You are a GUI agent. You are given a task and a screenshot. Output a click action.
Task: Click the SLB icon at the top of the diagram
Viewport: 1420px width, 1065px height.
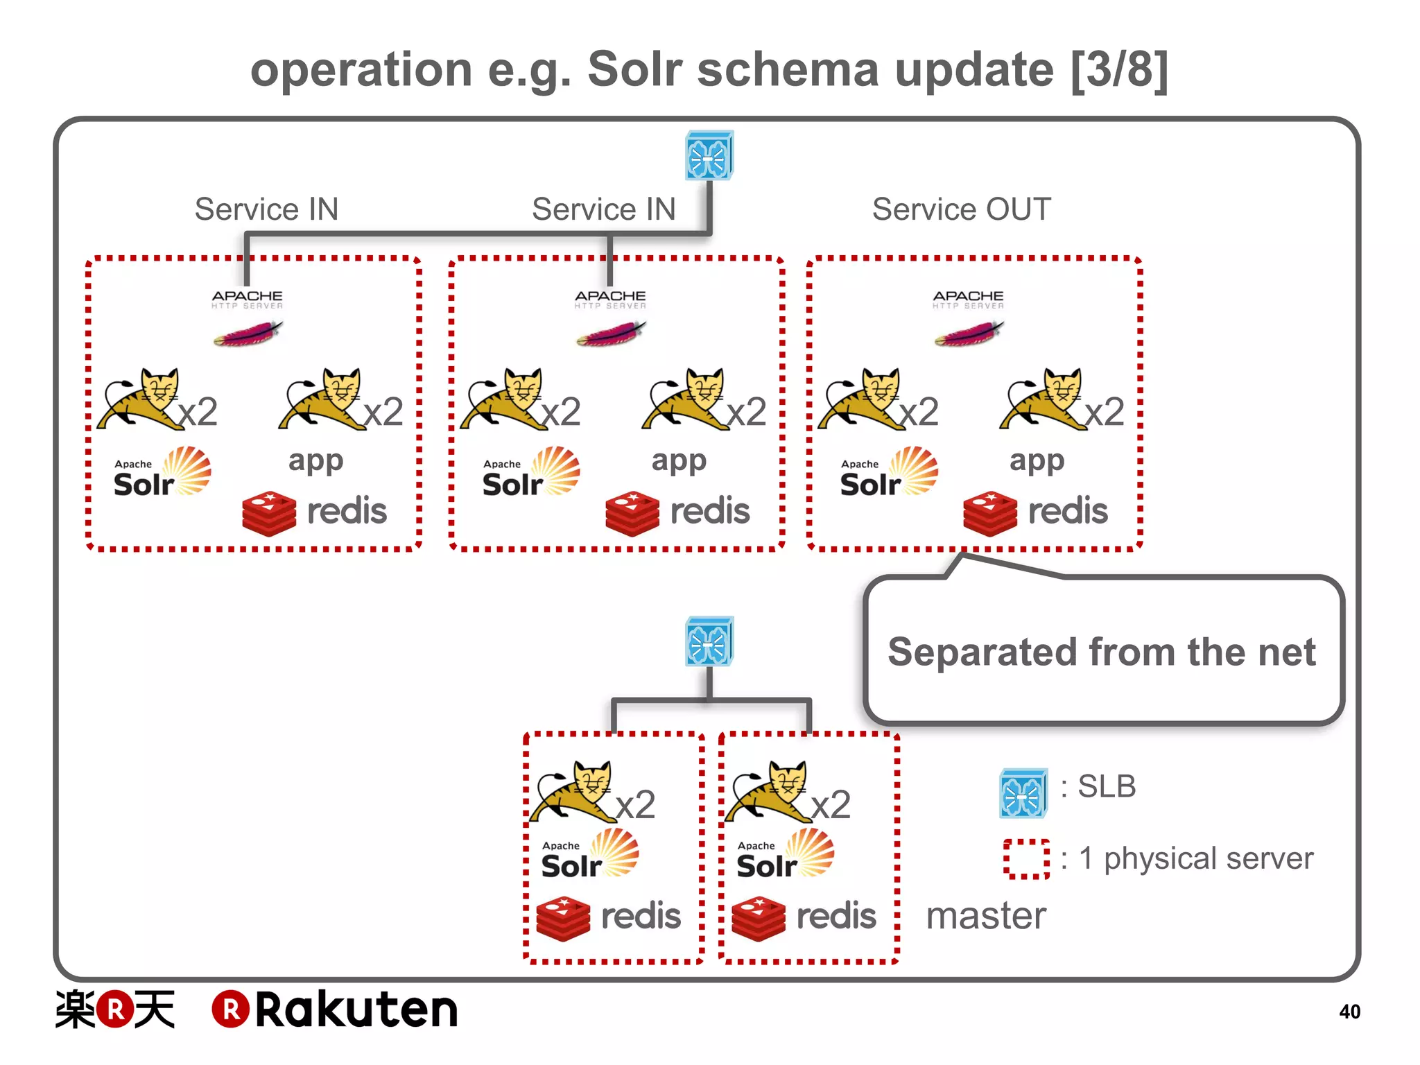tap(709, 156)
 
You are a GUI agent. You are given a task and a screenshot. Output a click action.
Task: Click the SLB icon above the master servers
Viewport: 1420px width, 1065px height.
tap(709, 641)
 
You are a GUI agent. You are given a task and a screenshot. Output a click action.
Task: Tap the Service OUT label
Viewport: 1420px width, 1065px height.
tap(961, 209)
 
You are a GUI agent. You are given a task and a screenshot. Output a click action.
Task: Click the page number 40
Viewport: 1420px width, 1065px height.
tap(1349, 1012)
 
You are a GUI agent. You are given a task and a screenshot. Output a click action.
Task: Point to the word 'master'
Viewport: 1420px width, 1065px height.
tap(986, 916)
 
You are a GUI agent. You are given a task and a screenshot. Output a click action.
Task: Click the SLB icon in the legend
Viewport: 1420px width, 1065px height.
tap(1023, 793)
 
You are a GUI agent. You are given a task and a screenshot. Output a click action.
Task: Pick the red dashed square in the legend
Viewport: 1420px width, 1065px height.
tap(1025, 859)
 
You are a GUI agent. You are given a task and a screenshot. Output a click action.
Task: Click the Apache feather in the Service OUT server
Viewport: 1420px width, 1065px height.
tap(969, 334)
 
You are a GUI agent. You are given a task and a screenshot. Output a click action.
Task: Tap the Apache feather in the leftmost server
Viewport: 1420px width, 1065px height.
tap(248, 334)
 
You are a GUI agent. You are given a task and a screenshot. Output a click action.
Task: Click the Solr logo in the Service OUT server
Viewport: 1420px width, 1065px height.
tap(888, 473)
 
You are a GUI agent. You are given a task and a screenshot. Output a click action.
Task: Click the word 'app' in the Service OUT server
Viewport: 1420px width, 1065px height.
tap(1036, 460)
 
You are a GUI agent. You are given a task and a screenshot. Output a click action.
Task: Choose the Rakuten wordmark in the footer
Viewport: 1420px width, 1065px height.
tap(336, 1010)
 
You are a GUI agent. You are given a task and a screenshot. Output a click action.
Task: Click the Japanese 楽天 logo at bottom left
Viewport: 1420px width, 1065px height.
tap(115, 1010)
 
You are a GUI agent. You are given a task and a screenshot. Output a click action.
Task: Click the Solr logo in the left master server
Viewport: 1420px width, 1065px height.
tap(589, 855)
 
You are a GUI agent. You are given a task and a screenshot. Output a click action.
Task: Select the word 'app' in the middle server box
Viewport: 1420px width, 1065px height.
tap(678, 460)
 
